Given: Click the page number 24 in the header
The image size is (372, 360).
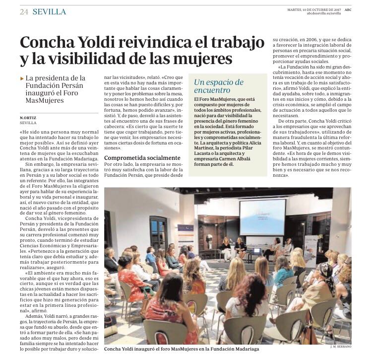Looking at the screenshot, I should (23, 11).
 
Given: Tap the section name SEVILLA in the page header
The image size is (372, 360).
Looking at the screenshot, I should (48, 11).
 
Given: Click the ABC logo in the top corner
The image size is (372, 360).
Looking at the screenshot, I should (348, 8).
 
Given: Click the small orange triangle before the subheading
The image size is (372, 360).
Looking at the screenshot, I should (22, 78).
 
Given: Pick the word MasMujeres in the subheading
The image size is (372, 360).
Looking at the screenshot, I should (46, 101).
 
